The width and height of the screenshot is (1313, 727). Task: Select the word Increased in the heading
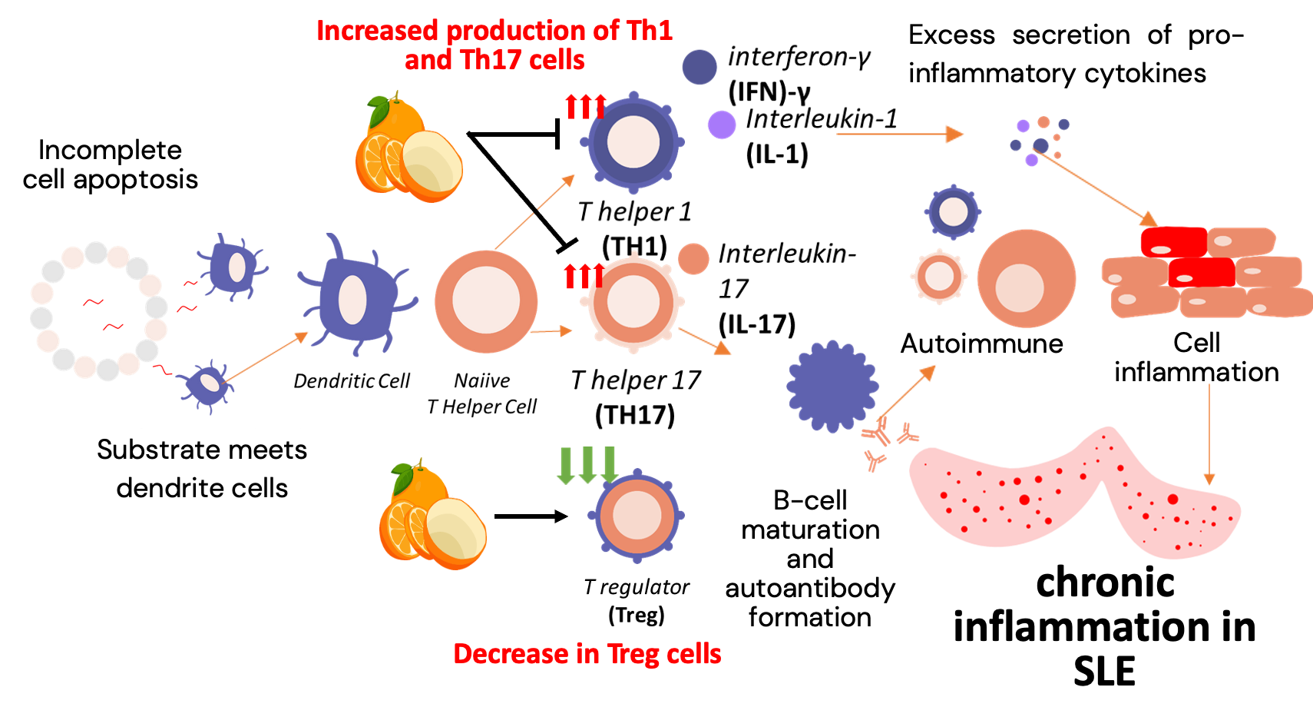377,31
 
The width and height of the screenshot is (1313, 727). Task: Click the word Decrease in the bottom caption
511,654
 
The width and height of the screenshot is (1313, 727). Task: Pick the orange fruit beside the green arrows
432,516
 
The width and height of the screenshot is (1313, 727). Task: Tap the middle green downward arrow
587,465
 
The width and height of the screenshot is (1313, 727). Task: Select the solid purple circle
721,124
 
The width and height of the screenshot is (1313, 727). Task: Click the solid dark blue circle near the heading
699,67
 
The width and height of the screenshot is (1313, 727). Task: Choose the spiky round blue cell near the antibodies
832,386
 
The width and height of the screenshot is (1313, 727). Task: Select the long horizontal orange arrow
898,134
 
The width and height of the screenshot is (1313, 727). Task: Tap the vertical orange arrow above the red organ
1209,434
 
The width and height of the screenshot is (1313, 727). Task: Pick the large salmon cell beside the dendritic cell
486,301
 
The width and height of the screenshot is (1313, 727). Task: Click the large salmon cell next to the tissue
1026,279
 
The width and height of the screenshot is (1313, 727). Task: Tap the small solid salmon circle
693,259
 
